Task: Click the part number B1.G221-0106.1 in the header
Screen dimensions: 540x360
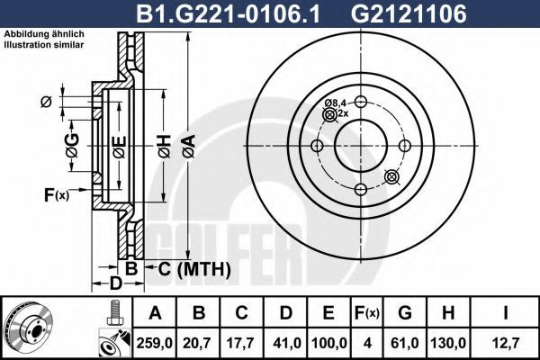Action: tap(228, 13)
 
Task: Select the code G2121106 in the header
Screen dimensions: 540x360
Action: tap(409, 13)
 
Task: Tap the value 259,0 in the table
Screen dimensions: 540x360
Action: tap(155, 343)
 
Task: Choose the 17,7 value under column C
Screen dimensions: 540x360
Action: tap(241, 343)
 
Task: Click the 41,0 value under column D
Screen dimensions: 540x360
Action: tap(285, 343)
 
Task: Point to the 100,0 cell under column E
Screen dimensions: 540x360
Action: tap(328, 343)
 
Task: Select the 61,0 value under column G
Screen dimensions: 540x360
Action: tap(405, 343)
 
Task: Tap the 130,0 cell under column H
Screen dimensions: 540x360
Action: tap(448, 343)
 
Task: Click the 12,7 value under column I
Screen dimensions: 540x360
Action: tap(505, 343)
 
